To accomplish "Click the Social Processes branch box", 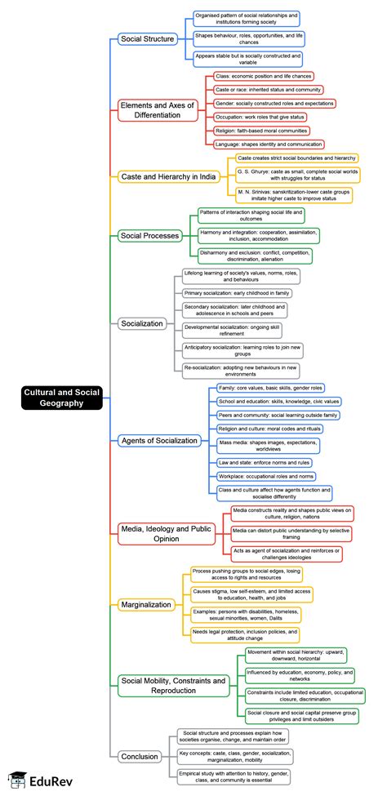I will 149,236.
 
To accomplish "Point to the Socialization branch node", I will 143,323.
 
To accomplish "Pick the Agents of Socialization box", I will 159,441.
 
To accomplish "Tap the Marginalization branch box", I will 146,605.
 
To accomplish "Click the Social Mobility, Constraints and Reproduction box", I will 169,685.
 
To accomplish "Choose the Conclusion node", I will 139,756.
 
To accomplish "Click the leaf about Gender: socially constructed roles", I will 274,103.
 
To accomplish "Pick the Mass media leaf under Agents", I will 268,446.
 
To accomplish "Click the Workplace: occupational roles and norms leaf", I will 265,476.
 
